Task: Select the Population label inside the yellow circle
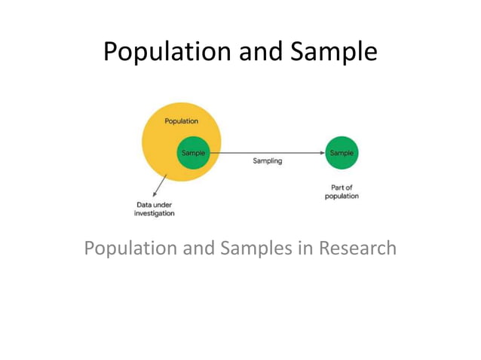181,121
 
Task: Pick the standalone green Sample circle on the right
342,153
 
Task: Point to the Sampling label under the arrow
267,161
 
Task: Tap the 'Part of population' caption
342,191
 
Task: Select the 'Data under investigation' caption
154,209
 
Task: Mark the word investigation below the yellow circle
154,213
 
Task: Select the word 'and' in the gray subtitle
198,248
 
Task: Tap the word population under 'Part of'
342,196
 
